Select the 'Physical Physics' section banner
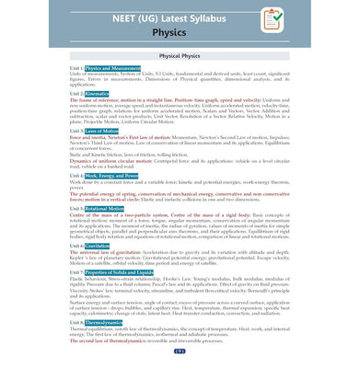point(180,54)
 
